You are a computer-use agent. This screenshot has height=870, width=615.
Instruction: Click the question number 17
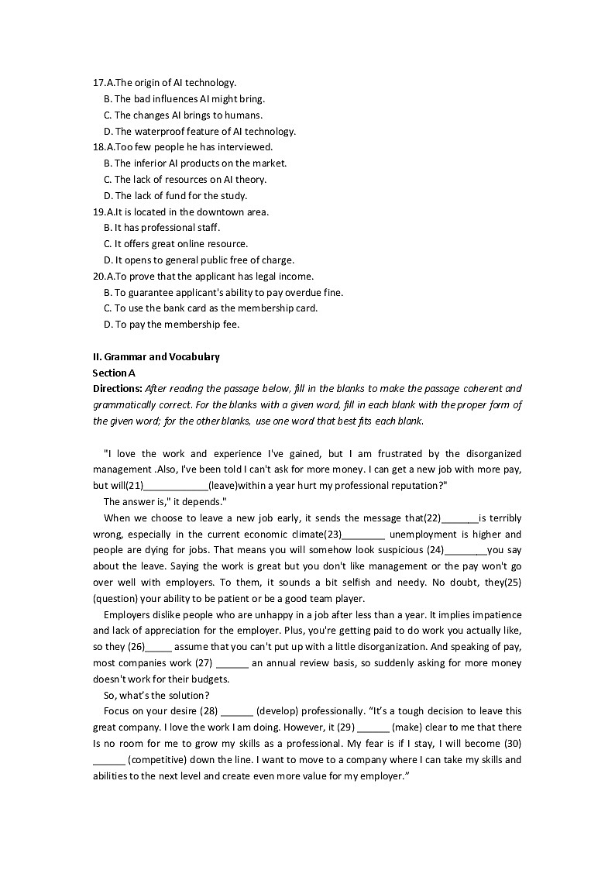[98, 82]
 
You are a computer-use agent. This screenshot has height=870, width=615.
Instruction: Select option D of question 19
[198, 260]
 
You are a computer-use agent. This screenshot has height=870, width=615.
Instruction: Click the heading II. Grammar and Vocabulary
[156, 357]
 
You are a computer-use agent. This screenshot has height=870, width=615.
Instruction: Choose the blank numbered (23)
[363, 535]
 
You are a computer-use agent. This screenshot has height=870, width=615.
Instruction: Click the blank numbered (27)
[232, 664]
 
